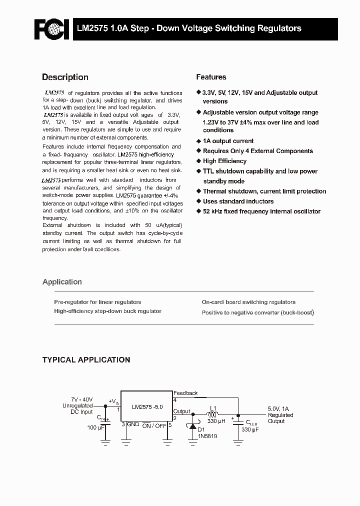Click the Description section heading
click(x=65, y=77)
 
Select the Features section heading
click(x=211, y=77)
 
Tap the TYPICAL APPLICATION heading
click(x=86, y=359)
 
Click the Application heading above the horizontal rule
click(x=62, y=282)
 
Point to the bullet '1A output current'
click(x=228, y=141)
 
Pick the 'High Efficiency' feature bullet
click(x=224, y=161)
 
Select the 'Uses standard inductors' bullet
click(x=238, y=201)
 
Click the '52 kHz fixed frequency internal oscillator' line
click(x=261, y=211)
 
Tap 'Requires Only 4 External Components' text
click(x=257, y=151)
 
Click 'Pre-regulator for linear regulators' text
click(x=97, y=302)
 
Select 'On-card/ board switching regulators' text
click(x=248, y=302)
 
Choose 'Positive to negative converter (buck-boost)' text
click(x=257, y=312)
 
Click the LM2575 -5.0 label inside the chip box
click(x=148, y=407)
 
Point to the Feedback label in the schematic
click(x=185, y=393)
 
